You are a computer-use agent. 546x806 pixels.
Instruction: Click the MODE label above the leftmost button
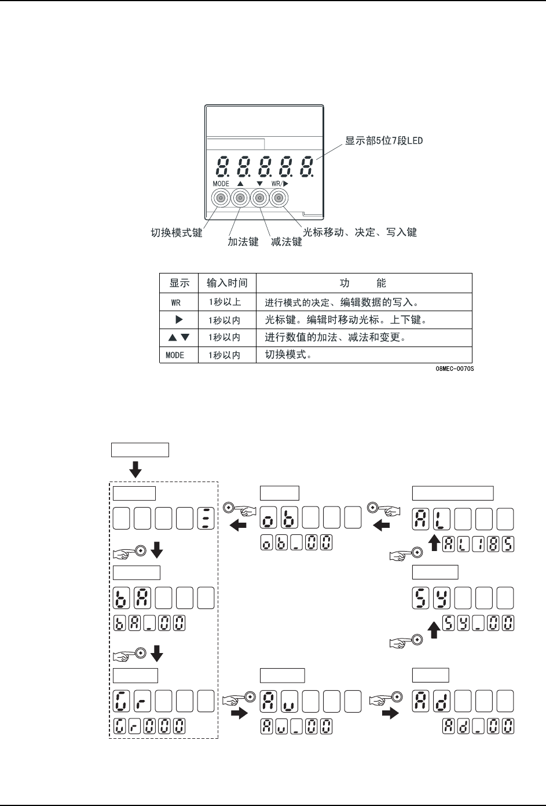221,184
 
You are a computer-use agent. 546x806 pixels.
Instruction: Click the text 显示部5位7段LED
384,141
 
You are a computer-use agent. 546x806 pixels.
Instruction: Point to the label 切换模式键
177,233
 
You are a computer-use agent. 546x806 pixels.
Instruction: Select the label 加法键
243,242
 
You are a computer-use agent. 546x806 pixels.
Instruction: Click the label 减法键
287,242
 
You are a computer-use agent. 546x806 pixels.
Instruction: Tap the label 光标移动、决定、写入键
360,233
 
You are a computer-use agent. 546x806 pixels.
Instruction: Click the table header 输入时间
227,283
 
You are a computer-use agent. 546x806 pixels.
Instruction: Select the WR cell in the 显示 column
176,302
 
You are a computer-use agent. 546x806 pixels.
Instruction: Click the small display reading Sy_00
478,623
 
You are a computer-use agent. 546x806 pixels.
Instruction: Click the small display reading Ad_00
478,726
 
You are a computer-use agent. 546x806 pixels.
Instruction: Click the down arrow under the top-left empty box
135,469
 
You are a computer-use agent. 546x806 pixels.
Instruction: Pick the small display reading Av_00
296,726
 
